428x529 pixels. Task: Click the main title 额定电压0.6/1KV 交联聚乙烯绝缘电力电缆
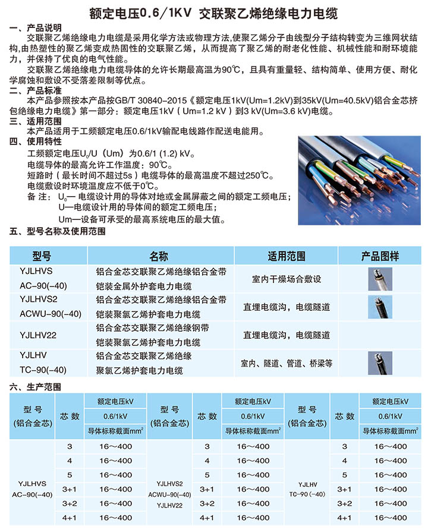(x=214, y=12)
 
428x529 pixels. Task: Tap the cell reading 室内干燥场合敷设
(x=287, y=279)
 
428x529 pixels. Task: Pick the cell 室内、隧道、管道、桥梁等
(x=287, y=363)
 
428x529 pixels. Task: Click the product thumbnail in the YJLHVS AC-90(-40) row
(x=380, y=279)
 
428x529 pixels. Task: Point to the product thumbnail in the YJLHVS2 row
(x=380, y=307)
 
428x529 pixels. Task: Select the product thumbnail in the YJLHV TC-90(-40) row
(x=380, y=363)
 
